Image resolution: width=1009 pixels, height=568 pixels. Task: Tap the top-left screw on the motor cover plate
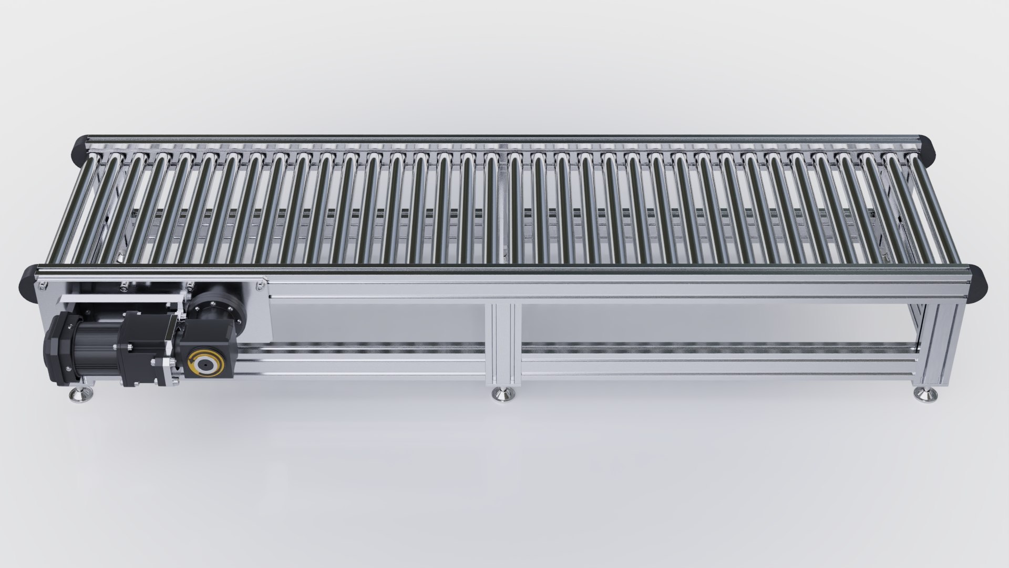[x=42, y=286]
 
